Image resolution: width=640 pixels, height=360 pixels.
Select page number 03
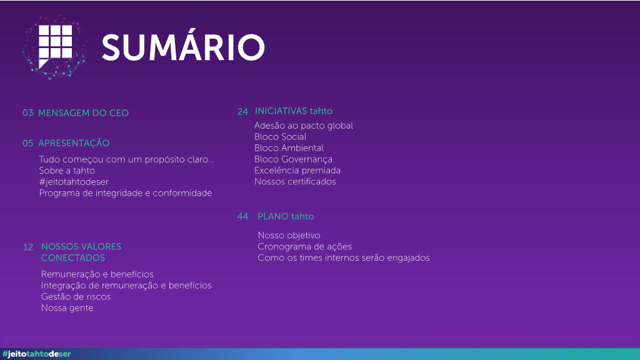click(27, 113)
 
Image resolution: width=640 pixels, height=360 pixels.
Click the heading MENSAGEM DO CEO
click(83, 113)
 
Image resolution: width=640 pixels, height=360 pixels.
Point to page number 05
click(27, 143)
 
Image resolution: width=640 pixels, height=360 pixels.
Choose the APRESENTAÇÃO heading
click(74, 143)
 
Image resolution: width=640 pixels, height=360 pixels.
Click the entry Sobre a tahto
click(67, 171)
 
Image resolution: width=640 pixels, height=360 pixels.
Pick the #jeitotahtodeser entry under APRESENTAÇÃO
click(74, 182)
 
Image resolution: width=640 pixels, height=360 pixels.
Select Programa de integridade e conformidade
click(126, 193)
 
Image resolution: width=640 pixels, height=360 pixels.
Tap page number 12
click(28, 247)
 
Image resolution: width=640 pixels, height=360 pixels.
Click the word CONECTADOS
click(73, 258)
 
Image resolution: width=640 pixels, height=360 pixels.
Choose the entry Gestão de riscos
click(76, 297)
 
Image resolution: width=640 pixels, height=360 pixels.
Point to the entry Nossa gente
click(67, 308)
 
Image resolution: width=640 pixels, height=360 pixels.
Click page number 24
click(243, 111)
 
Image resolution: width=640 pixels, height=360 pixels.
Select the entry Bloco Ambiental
click(289, 148)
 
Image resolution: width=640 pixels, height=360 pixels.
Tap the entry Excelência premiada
click(297, 171)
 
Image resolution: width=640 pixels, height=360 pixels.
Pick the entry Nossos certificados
click(295, 182)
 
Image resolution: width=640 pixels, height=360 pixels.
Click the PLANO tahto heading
click(286, 216)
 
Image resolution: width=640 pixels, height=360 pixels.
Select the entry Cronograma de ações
click(305, 246)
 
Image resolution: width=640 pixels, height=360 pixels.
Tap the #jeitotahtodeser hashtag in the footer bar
click(37, 354)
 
